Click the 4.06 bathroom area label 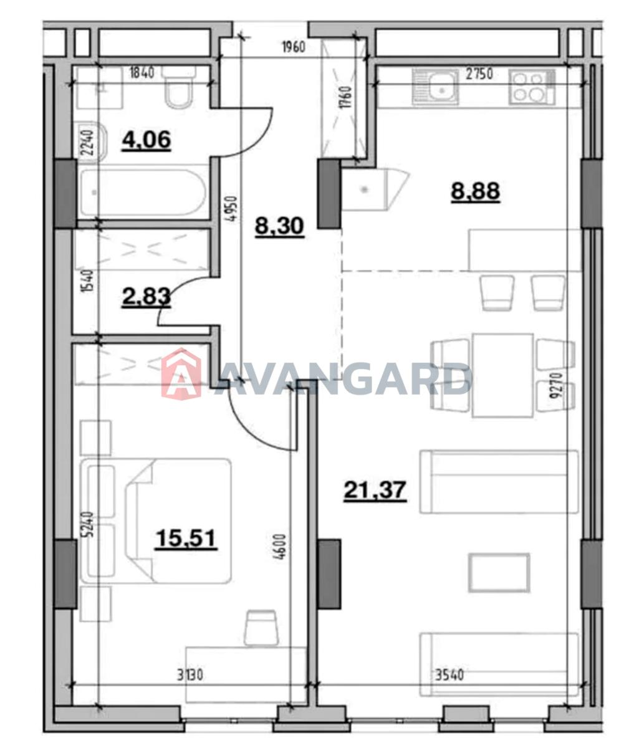point(146,140)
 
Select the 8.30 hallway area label point(279,227)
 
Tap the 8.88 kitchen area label point(475,191)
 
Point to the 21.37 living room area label point(375,490)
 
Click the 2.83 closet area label point(146,297)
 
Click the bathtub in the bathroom point(143,192)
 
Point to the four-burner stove point(531,87)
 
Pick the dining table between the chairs point(502,375)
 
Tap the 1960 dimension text point(294,47)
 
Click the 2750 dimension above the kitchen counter point(479,74)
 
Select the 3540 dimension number point(449,675)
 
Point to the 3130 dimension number point(190,675)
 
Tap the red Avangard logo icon point(181,373)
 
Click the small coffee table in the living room point(499,573)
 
